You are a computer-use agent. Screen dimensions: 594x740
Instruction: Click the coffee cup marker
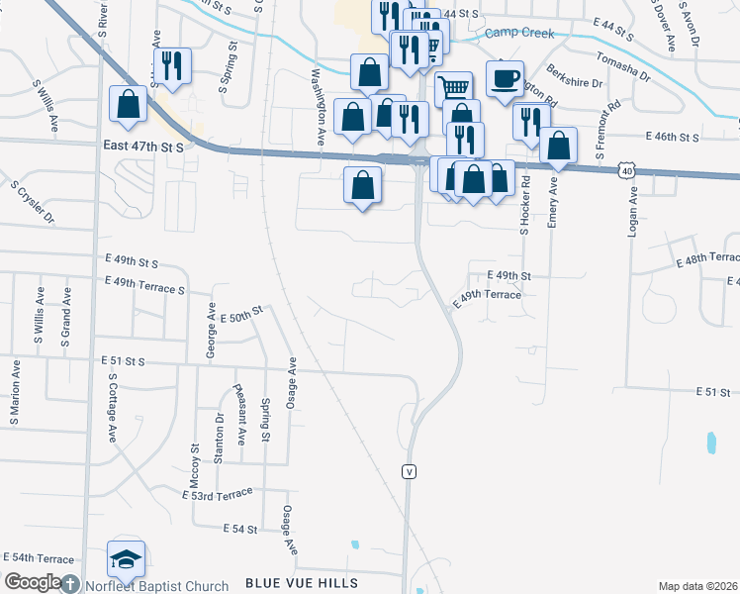(x=505, y=78)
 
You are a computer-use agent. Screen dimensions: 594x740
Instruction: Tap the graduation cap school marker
(x=127, y=560)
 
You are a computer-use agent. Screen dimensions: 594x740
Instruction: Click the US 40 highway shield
(x=628, y=170)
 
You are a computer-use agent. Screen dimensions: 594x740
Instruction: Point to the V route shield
(x=408, y=472)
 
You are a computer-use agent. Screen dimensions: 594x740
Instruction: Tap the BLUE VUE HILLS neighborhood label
(x=302, y=584)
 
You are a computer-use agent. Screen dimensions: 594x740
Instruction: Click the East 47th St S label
(x=143, y=147)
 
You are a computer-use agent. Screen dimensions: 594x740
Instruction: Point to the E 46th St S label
(x=672, y=136)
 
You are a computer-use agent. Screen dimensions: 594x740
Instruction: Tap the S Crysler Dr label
(x=32, y=202)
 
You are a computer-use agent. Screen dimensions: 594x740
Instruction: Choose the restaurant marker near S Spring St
(x=172, y=65)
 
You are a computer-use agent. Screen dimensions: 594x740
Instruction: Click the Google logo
(x=33, y=582)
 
